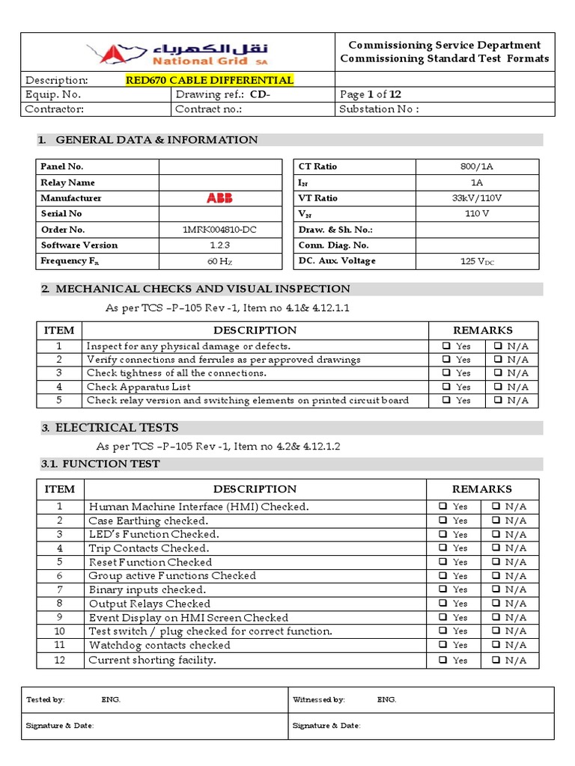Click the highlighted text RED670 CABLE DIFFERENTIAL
point(210,80)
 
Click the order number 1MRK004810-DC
point(219,230)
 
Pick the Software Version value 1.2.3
point(219,245)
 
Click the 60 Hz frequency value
point(219,262)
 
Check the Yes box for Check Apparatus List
point(445,387)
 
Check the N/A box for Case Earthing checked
point(496,520)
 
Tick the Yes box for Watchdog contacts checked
point(443,645)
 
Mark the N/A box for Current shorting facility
point(496,660)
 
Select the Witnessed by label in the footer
point(318,700)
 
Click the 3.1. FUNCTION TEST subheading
point(100,464)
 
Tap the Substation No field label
point(379,109)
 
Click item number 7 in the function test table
point(60,589)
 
